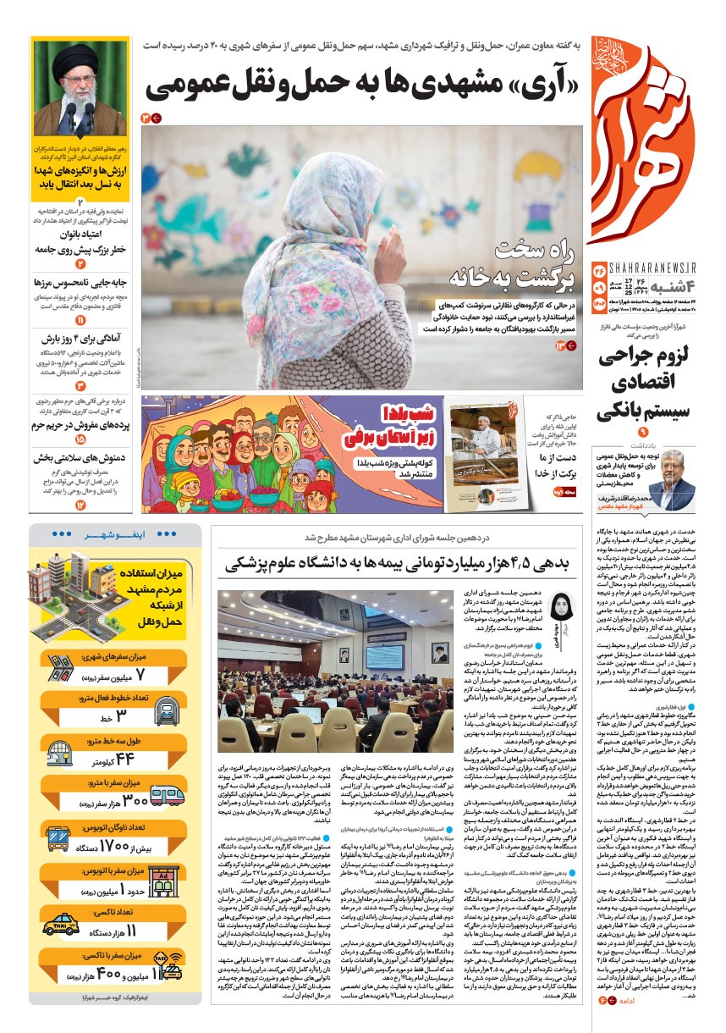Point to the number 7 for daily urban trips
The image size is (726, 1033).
tap(140, 674)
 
